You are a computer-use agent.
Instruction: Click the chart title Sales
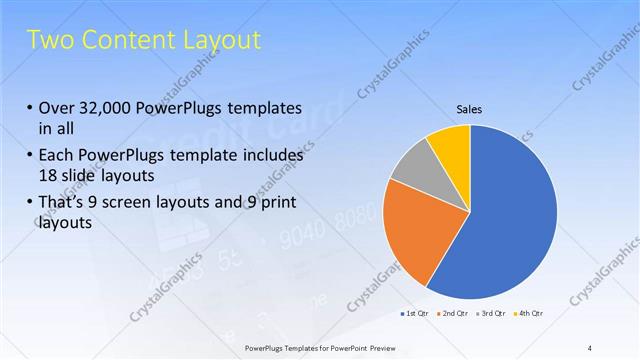(470, 109)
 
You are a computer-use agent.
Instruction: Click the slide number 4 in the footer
(590, 347)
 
